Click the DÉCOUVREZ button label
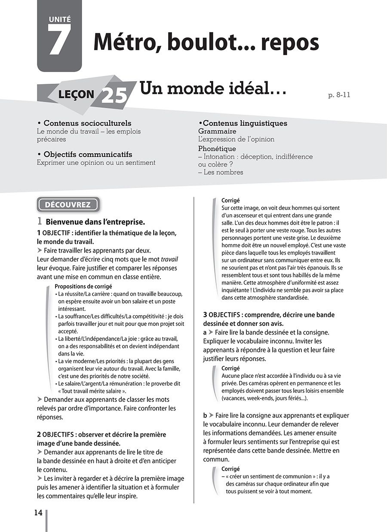[x=68, y=204]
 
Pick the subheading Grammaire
[x=217, y=131]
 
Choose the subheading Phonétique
[x=217, y=149]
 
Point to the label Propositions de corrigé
[x=84, y=286]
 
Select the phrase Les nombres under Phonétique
[x=223, y=172]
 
